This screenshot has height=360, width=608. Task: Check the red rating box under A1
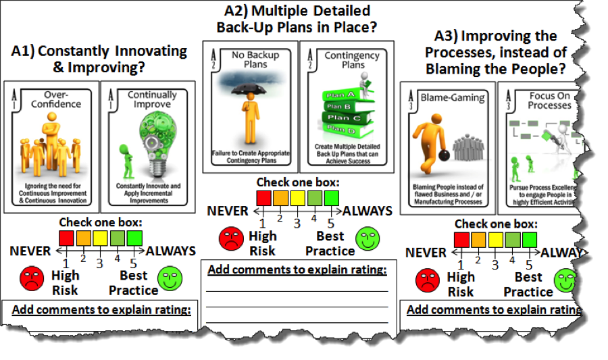click(66, 238)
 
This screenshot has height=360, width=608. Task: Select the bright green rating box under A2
click(331, 198)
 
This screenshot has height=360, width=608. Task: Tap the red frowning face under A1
click(31, 278)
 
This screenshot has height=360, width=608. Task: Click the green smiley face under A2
click(367, 238)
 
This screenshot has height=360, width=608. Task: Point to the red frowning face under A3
click(426, 280)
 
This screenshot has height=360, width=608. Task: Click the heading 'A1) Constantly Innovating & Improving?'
click(99, 59)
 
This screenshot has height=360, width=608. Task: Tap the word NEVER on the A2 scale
click(228, 211)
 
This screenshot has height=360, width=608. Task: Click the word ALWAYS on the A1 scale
click(171, 251)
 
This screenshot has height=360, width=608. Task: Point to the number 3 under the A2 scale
click(297, 224)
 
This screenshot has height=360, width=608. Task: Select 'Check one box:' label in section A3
click(495, 224)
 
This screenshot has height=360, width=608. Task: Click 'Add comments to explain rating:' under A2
click(297, 270)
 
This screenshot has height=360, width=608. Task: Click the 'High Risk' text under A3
click(461, 284)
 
